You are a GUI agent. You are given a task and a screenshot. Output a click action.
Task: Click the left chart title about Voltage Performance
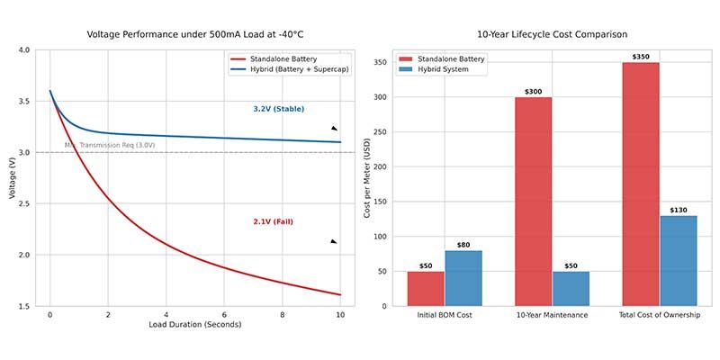click(x=201, y=34)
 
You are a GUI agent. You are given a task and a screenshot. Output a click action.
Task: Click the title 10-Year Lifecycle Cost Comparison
click(x=552, y=34)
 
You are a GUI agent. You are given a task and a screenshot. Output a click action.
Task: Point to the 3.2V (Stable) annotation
click(x=280, y=109)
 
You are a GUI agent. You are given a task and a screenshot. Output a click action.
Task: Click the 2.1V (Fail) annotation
click(x=274, y=221)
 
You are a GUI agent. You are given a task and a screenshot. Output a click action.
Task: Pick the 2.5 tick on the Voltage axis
click(x=23, y=204)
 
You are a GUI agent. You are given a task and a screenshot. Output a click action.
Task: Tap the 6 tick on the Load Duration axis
click(x=224, y=316)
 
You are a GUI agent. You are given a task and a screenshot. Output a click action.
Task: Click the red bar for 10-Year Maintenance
click(x=534, y=202)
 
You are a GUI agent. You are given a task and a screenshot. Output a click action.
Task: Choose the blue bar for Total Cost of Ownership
click(x=678, y=261)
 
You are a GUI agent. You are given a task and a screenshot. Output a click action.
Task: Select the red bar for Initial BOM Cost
click(x=426, y=289)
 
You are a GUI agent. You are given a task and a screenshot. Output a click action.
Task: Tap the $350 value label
click(x=641, y=57)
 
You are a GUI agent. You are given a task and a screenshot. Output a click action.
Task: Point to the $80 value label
click(x=463, y=244)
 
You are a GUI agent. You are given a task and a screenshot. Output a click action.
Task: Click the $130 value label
click(x=678, y=210)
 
